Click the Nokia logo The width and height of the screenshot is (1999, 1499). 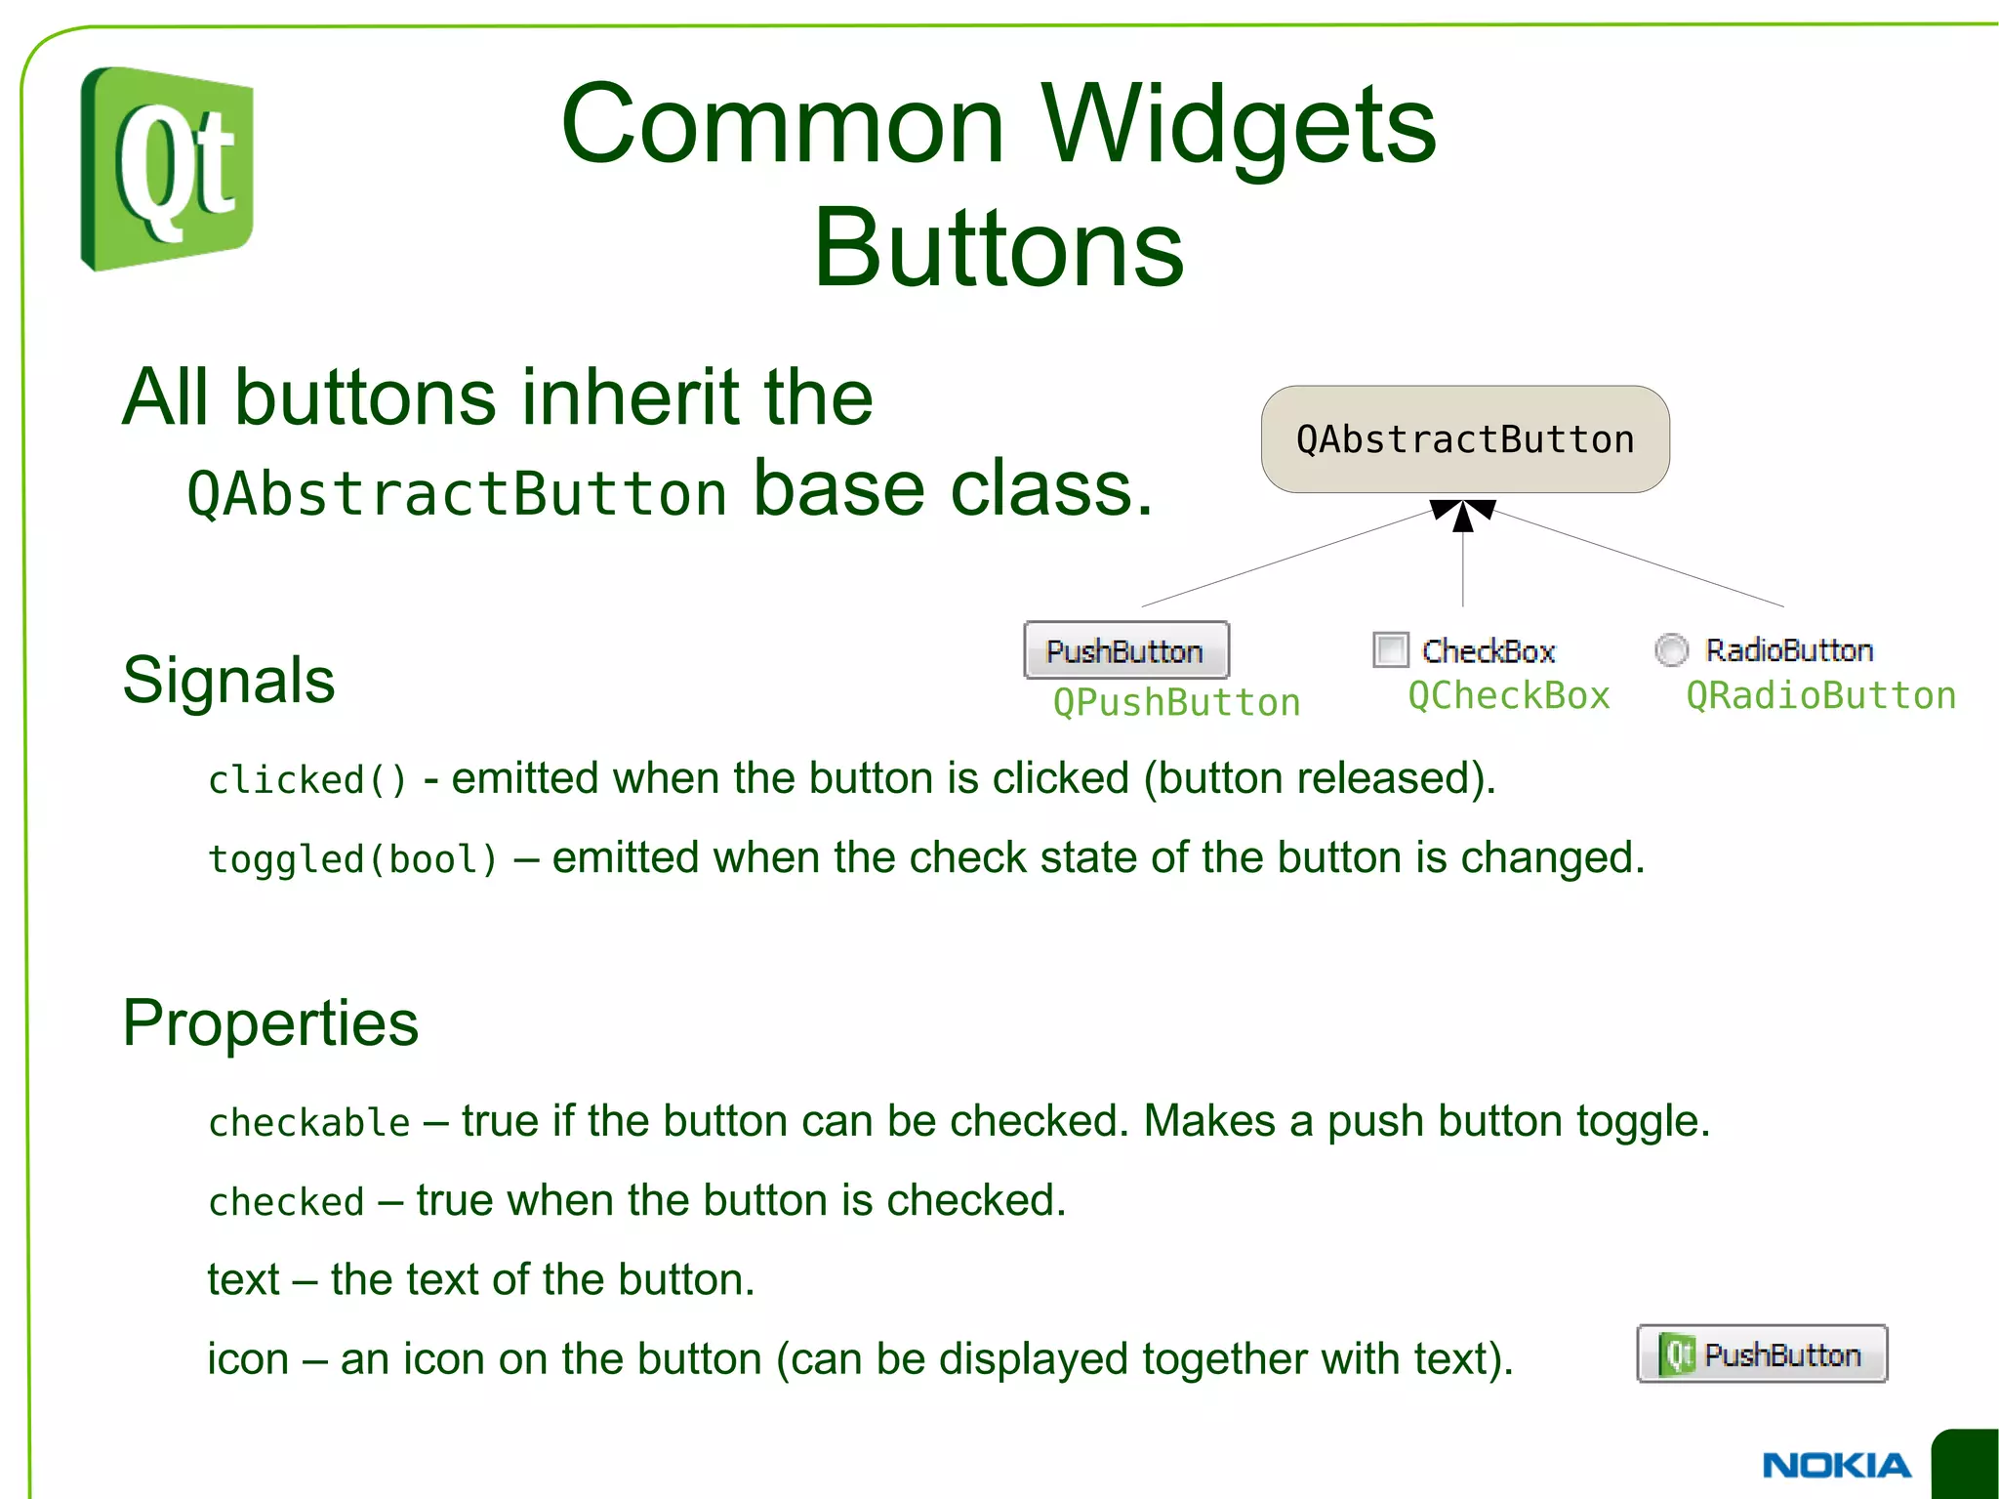pyautogui.click(x=1836, y=1465)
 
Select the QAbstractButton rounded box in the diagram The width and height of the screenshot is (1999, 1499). pyautogui.click(x=1464, y=439)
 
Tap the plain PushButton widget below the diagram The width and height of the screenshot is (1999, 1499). pyautogui.click(x=1125, y=650)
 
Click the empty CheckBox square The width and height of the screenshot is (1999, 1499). pyautogui.click(x=1390, y=649)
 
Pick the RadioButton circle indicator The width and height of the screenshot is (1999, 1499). pyautogui.click(x=1671, y=649)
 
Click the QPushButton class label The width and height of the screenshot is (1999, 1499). pyautogui.click(x=1176, y=702)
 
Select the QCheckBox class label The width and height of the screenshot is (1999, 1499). pyautogui.click(x=1508, y=695)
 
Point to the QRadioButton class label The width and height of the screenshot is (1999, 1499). pyautogui.click(x=1820, y=695)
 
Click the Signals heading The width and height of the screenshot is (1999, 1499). pyautogui.click(x=228, y=680)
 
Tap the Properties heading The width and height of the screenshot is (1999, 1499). pyautogui.click(x=270, y=1022)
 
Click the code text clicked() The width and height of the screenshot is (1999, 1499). pyautogui.click(x=306, y=780)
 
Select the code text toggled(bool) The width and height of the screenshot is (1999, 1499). pyautogui.click(x=352, y=859)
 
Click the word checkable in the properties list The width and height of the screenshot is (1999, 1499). pyautogui.click(x=308, y=1123)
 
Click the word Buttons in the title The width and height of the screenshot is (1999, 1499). pyautogui.click(x=999, y=249)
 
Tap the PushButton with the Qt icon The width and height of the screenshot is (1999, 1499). pyautogui.click(x=1762, y=1354)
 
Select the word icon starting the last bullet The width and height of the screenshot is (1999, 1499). pyautogui.click(x=248, y=1358)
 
